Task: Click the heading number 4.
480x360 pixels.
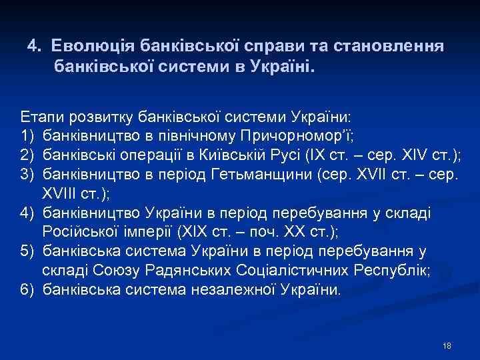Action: (33, 47)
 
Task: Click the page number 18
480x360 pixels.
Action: (447, 345)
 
